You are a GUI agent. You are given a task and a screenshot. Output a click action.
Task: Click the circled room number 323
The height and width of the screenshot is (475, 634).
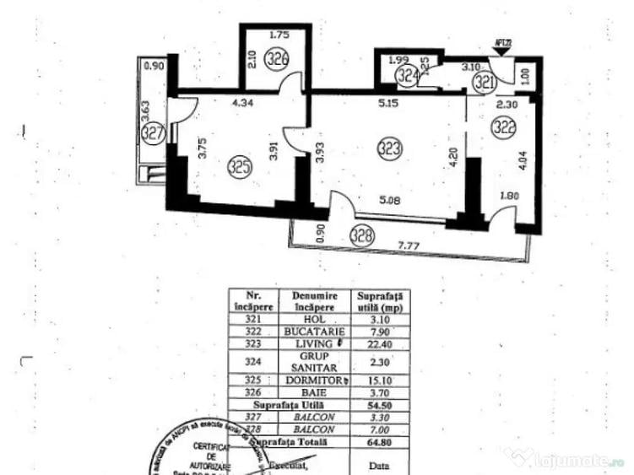pyautogui.click(x=389, y=150)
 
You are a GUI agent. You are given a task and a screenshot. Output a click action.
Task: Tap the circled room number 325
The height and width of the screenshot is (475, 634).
pyautogui.click(x=240, y=167)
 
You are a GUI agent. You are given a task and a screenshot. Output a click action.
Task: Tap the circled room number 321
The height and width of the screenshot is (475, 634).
pyautogui.click(x=484, y=81)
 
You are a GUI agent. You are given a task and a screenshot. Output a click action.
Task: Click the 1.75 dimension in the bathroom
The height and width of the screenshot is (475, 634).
pyautogui.click(x=279, y=36)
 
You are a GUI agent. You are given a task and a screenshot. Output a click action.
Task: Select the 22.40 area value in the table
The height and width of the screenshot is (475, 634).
pyautogui.click(x=379, y=343)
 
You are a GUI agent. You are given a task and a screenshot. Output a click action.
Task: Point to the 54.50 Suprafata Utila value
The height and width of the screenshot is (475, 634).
pyautogui.click(x=379, y=404)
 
